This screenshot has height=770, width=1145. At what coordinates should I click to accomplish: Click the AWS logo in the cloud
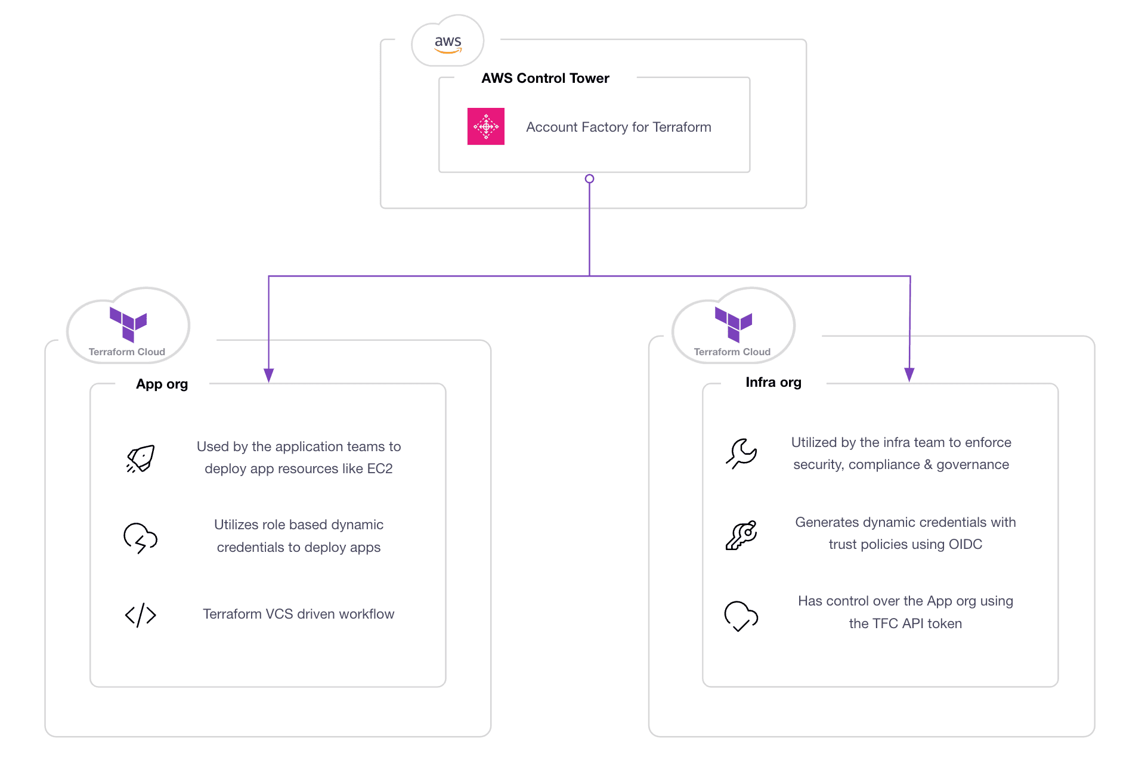click(448, 43)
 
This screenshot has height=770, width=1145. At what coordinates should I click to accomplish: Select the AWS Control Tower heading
click(545, 78)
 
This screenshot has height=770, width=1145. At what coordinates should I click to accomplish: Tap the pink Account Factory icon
click(485, 126)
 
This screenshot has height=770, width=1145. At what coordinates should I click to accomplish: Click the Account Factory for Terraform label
click(618, 127)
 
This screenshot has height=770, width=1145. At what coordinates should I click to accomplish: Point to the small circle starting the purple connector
click(589, 179)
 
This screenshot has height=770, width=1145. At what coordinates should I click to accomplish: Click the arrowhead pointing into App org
click(269, 375)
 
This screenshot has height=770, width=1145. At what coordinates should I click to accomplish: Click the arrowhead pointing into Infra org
click(909, 374)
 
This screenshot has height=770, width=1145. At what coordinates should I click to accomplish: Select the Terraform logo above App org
click(128, 324)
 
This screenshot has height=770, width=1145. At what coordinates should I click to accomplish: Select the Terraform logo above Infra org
click(734, 324)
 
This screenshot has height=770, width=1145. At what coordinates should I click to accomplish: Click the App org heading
click(162, 384)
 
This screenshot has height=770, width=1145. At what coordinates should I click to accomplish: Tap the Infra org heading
click(773, 383)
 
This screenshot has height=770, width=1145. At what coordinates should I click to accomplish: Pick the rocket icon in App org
click(141, 458)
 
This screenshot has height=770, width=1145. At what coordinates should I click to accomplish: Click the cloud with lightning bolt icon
click(140, 538)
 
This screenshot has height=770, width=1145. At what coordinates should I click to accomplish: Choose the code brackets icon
click(141, 615)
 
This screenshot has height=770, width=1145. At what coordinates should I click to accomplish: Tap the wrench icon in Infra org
click(741, 454)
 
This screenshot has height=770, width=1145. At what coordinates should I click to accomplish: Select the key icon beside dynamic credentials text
click(741, 535)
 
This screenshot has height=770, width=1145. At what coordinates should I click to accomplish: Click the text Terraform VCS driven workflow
click(298, 614)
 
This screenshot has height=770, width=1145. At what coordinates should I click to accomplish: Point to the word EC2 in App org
click(380, 469)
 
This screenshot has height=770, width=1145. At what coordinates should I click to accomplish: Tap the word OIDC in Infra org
click(965, 545)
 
